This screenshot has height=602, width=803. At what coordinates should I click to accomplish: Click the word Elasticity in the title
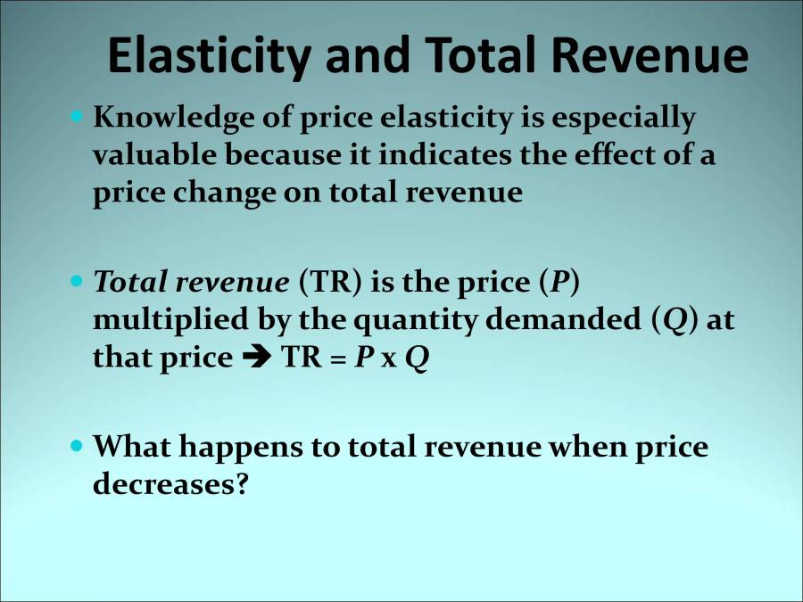click(x=209, y=56)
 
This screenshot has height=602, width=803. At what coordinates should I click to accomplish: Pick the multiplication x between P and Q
click(x=385, y=360)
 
